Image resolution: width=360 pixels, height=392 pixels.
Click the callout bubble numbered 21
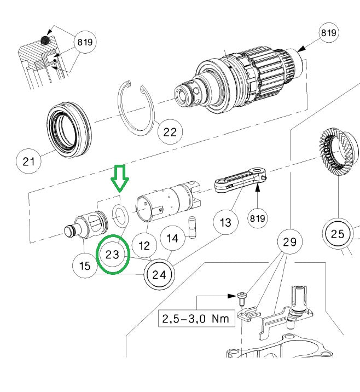(x=28, y=161)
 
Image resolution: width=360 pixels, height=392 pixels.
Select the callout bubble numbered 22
(x=171, y=131)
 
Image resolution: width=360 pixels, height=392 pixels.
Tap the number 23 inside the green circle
(x=113, y=255)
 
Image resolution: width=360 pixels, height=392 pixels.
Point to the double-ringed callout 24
(x=159, y=274)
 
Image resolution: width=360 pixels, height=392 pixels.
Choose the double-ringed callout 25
(x=338, y=234)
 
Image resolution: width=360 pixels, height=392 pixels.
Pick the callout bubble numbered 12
(x=144, y=246)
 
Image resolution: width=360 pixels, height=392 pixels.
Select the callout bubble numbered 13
(x=225, y=222)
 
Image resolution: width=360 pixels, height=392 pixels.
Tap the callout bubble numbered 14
(x=172, y=238)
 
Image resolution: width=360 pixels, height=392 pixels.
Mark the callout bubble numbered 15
(x=85, y=266)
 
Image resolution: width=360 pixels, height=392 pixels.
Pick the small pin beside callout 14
(x=192, y=226)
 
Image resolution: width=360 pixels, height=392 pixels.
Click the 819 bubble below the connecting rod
(x=258, y=218)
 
